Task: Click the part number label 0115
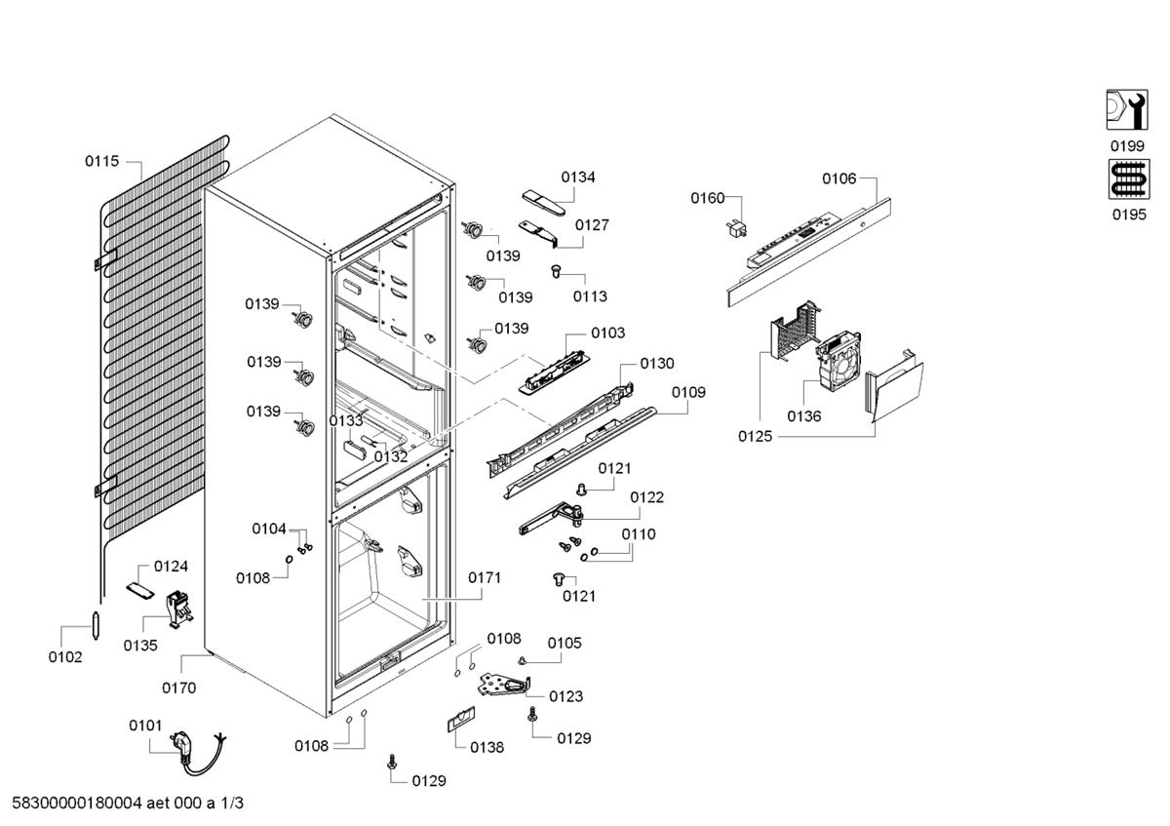[x=101, y=161]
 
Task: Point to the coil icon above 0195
[x=1127, y=182]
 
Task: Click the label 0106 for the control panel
[x=838, y=178]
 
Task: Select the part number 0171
[x=485, y=577]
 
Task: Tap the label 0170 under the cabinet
[x=178, y=688]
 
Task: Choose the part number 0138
[x=487, y=747]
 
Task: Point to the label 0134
[x=578, y=177]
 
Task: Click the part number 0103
[x=607, y=333]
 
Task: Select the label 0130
[x=656, y=363]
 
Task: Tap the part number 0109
[x=688, y=392]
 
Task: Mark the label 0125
[x=755, y=436]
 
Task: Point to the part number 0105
[x=564, y=643]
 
